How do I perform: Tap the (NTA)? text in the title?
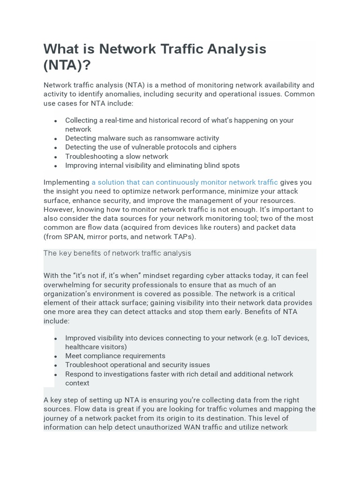(67, 66)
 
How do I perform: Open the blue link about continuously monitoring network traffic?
(184, 182)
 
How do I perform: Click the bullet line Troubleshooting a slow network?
(117, 157)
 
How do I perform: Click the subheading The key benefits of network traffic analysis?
(117, 253)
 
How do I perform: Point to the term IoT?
(276, 338)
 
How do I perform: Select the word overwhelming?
(67, 285)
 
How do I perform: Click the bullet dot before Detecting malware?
(56, 139)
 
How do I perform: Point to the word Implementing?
(66, 182)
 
